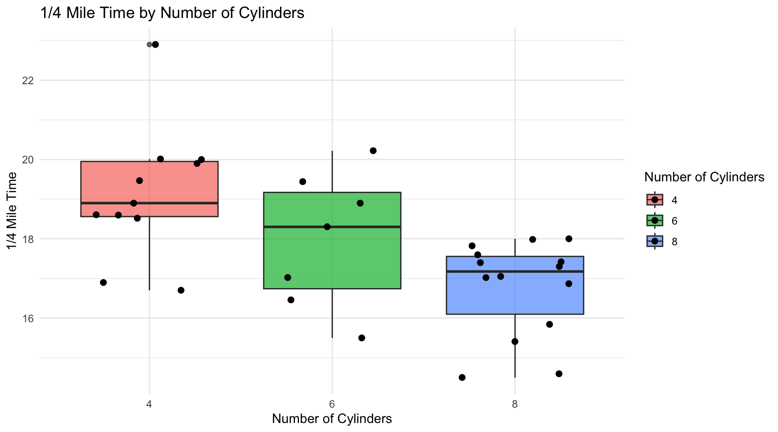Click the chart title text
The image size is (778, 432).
(172, 13)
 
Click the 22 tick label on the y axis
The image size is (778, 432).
(27, 81)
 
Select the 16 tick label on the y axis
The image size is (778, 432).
(27, 319)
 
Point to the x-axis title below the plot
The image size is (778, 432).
(332, 419)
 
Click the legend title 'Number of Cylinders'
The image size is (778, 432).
(704, 177)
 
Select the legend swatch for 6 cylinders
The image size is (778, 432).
(655, 220)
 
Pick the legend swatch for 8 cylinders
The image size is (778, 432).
(655, 242)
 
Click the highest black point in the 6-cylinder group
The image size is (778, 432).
(373, 151)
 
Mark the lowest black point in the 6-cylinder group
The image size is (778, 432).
(362, 338)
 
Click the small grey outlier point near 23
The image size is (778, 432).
(149, 45)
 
